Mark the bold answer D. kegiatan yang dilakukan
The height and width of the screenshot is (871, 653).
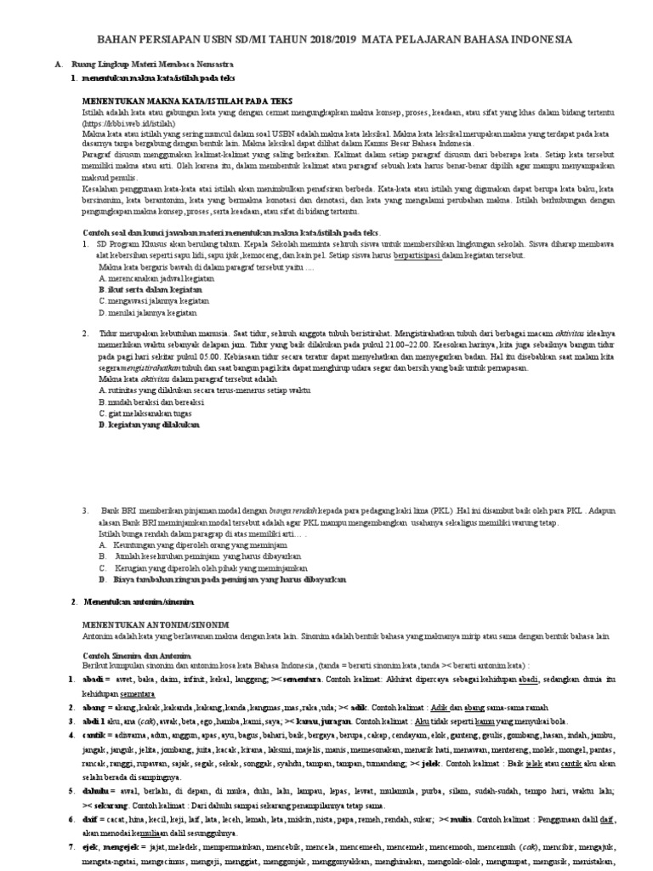tap(149, 423)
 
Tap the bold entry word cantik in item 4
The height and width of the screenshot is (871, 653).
tap(95, 733)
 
